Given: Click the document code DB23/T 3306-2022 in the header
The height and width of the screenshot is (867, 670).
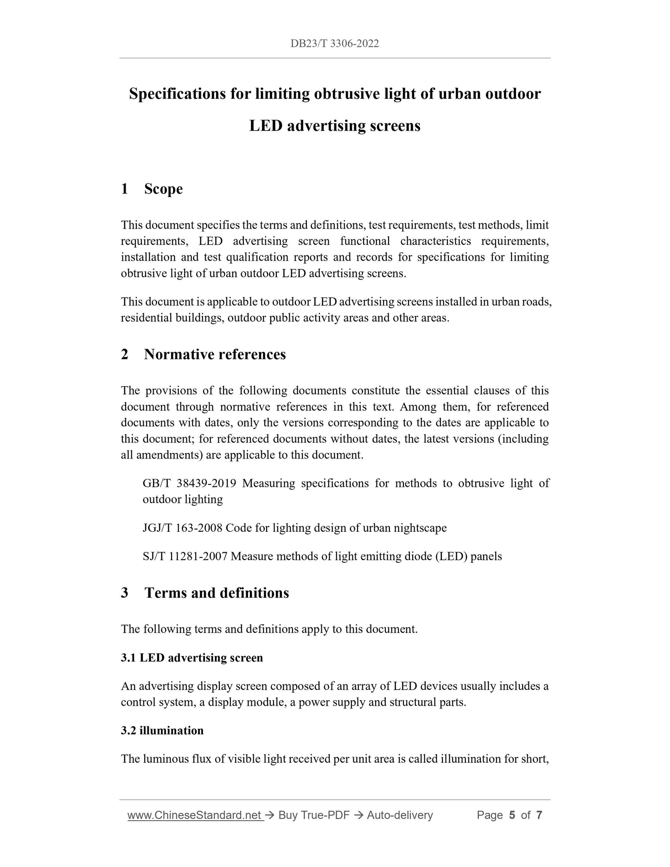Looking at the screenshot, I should [335, 44].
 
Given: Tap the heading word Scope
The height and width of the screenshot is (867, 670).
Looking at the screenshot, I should [163, 189].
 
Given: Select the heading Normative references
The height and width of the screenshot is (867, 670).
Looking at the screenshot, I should [215, 355].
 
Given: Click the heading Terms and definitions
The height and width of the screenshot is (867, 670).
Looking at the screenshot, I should [217, 593].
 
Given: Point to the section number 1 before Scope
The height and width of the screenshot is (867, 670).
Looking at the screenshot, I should [124, 189].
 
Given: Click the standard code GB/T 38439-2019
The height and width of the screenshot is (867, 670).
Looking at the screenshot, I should [190, 484].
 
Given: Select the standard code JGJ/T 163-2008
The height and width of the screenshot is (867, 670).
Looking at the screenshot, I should [183, 528].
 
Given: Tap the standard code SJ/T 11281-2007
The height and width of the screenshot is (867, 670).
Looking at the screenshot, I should [185, 556].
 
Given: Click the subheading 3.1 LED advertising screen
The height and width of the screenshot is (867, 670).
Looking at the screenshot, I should [192, 658].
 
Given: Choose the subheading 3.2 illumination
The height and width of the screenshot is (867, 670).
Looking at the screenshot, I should [162, 731].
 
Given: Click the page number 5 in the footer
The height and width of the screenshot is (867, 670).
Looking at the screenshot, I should [512, 816].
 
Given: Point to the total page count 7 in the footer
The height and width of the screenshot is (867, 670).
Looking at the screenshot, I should [539, 816].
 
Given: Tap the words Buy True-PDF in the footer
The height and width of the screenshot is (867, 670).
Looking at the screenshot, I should [313, 816].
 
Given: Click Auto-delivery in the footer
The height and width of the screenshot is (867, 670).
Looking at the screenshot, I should [400, 816].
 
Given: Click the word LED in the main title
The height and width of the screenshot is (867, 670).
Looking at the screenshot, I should [266, 126].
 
